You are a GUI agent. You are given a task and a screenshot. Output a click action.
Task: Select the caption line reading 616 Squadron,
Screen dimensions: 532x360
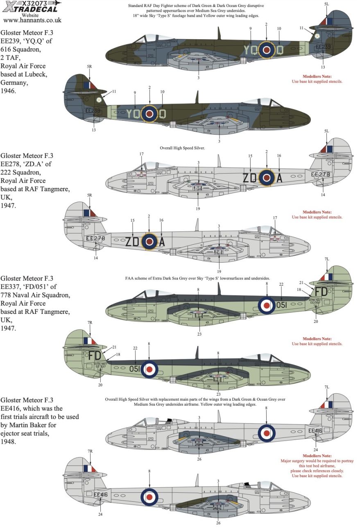[22, 48]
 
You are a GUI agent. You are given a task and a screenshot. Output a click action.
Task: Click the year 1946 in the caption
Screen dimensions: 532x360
[9, 92]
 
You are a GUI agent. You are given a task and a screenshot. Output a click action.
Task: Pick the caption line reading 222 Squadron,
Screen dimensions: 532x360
[22, 172]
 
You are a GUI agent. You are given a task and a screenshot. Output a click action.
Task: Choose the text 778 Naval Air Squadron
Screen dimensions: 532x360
[35, 295]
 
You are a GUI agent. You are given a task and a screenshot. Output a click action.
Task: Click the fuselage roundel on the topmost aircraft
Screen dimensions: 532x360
[266, 50]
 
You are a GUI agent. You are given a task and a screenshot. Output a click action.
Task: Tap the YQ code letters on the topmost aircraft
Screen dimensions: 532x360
[250, 50]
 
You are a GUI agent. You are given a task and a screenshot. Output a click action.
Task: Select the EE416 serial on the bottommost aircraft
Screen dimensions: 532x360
[101, 494]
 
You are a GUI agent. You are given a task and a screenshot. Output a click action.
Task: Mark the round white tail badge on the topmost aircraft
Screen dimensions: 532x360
[317, 36]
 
